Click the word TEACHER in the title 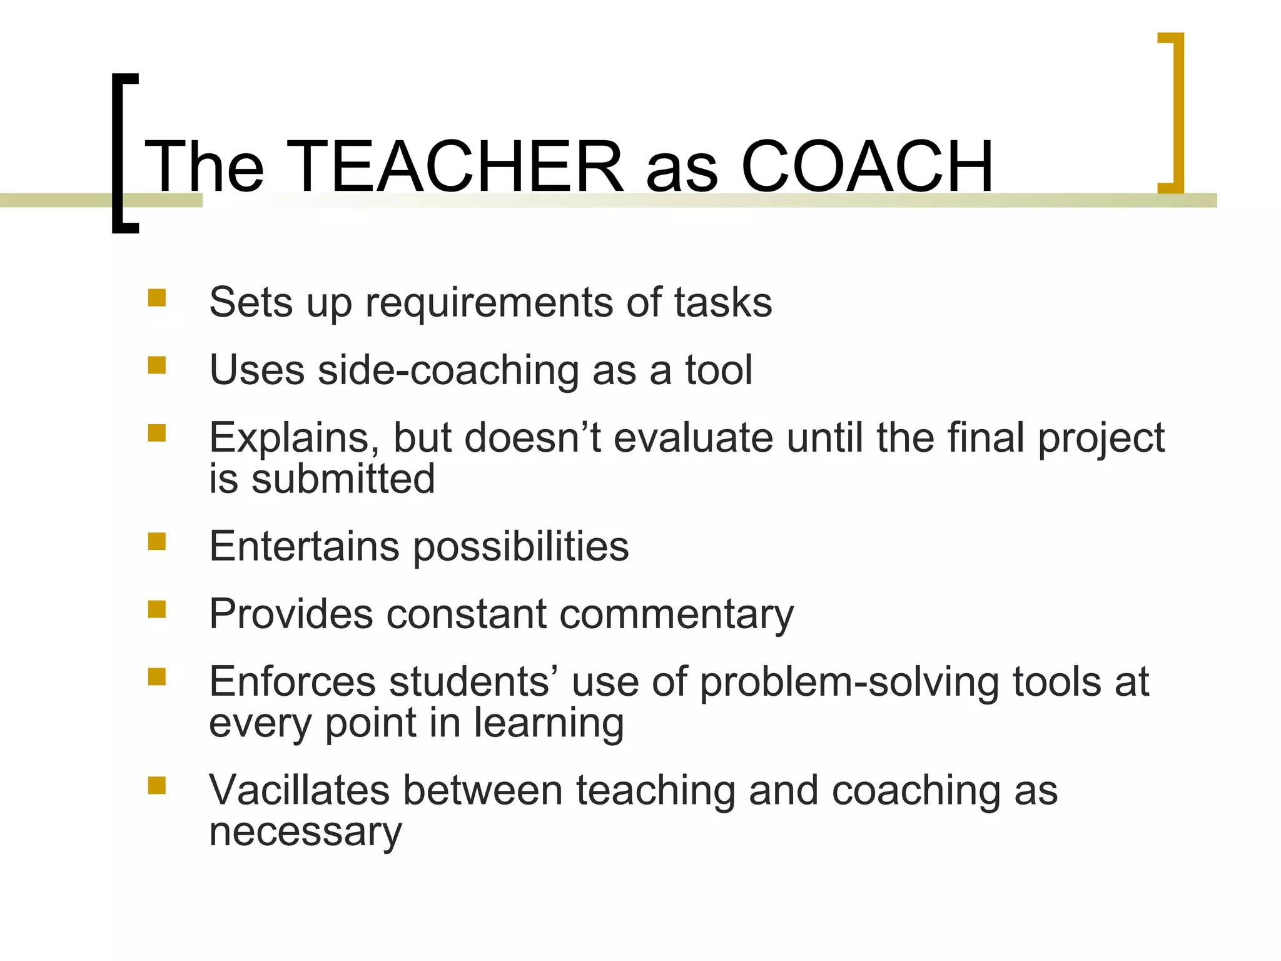point(455,167)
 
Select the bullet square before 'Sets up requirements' point(157,297)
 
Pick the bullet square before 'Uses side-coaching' point(157,365)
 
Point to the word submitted point(343,479)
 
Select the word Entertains point(304,546)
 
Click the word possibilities point(521,547)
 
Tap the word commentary point(676,615)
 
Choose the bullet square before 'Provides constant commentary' point(157,609)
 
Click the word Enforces point(293,681)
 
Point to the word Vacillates point(299,790)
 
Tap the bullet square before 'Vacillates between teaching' point(157,785)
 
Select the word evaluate point(693,438)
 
